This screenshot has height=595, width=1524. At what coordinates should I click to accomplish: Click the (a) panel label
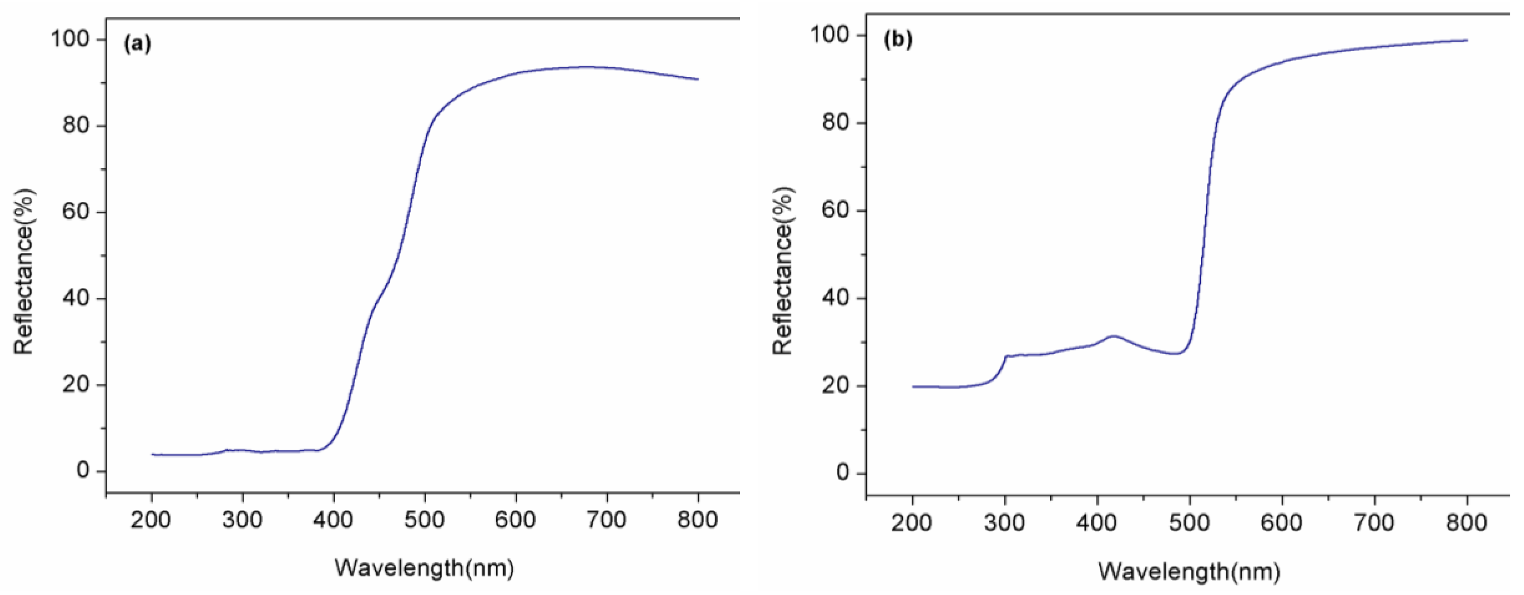[x=137, y=45]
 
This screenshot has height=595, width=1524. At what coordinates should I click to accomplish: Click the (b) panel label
[x=897, y=40]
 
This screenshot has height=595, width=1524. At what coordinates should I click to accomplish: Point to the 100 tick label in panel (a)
[x=70, y=40]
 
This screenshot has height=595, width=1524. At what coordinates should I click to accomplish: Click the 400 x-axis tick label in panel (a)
[x=333, y=520]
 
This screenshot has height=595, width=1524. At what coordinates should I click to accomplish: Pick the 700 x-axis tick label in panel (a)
[x=607, y=520]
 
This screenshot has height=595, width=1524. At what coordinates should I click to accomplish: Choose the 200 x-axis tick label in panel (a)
[x=151, y=520]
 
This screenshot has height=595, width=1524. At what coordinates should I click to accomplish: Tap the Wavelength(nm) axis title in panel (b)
[x=1189, y=572]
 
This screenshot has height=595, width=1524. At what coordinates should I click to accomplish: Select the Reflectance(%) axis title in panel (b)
[x=783, y=271]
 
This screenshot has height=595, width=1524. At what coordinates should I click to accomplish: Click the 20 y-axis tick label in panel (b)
[x=836, y=386]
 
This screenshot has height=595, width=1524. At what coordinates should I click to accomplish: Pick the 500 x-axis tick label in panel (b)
[x=1189, y=523]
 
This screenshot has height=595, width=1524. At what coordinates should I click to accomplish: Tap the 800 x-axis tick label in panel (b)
[x=1467, y=523]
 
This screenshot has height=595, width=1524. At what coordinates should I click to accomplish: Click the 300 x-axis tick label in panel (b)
[x=1005, y=523]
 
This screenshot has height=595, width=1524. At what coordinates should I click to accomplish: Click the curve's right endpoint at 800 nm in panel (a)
[x=698, y=79]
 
